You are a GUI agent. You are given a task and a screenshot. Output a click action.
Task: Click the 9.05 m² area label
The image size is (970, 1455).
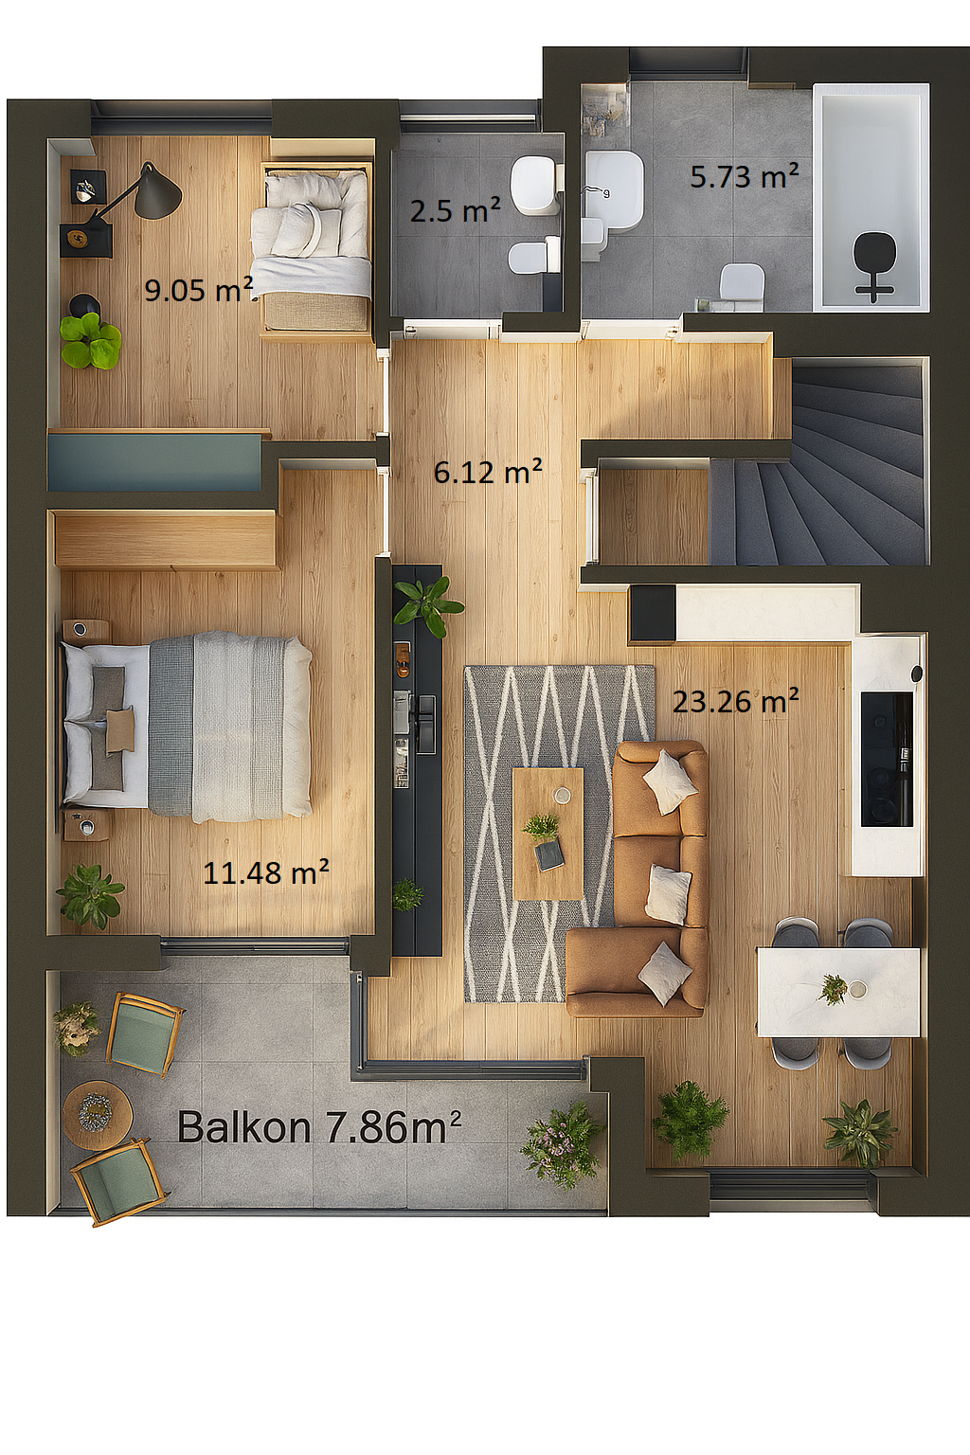coord(198,290)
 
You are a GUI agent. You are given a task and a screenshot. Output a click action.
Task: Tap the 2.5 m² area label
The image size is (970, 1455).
coord(455,210)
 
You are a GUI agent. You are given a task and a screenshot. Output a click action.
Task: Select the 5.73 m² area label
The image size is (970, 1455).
coord(744,176)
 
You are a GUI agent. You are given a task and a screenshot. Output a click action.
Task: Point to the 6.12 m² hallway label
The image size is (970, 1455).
coord(488,473)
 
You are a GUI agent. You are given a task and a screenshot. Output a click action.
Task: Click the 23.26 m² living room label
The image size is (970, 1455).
coord(735,701)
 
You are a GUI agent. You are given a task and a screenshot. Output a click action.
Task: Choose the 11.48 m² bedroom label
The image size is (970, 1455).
coord(266,872)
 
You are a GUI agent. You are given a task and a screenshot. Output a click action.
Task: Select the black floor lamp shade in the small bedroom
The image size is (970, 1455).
coord(158,190)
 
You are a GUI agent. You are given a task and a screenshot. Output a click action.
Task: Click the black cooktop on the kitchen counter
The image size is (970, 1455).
coord(887,759)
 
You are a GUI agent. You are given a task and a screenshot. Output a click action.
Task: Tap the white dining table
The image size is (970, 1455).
coord(838,992)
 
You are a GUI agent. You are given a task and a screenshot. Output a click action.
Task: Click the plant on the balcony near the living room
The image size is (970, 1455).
coord(563,1145)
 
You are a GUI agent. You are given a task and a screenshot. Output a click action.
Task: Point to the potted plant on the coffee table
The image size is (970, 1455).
coord(541,827)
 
